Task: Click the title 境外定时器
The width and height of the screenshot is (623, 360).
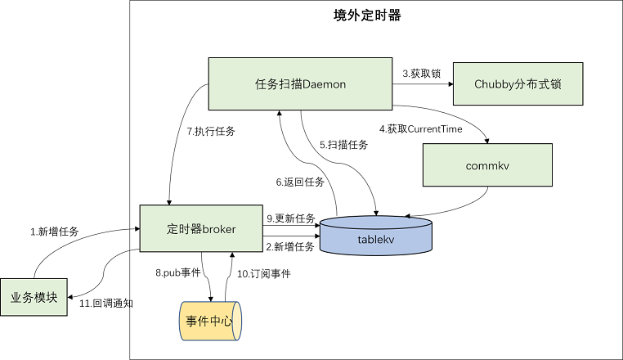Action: [368, 16]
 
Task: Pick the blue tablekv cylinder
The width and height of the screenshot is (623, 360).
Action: [376, 236]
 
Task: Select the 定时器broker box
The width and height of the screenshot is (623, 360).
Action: [201, 230]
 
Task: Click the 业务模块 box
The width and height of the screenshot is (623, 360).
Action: [34, 296]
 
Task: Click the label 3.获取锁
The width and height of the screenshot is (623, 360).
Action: [421, 74]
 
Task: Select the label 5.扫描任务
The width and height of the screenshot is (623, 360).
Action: [343, 145]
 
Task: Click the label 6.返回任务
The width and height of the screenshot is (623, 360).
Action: [299, 181]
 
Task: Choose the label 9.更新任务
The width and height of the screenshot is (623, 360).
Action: [291, 218]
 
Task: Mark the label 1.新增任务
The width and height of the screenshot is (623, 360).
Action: [54, 232]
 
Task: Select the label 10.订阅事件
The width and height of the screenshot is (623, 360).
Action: [264, 273]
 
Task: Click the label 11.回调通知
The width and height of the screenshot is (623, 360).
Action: [106, 303]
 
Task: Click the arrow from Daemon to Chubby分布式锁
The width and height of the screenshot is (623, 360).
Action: [421, 83]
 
